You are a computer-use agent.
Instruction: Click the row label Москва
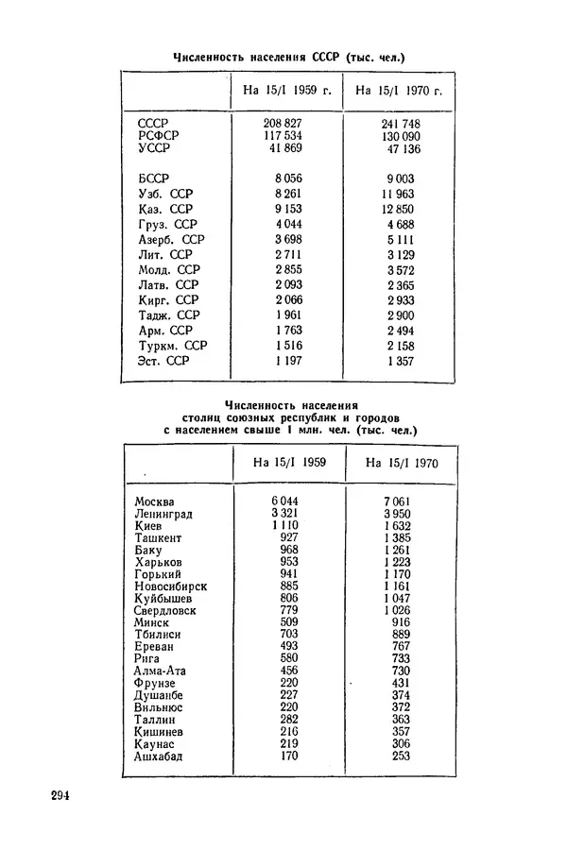pos(155,501)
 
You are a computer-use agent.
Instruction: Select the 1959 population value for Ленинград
pos(285,513)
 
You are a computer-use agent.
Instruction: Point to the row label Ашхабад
pos(159,756)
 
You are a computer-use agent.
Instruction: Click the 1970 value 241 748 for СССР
pos(401,124)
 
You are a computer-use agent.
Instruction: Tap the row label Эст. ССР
pos(163,361)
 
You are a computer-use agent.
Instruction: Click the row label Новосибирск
pos(170,586)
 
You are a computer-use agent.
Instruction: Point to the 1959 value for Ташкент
pos(290,537)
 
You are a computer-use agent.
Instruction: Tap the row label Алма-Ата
pos(161,671)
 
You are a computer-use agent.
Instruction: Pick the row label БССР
pos(153,178)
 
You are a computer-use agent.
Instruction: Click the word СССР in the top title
pos(326,58)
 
